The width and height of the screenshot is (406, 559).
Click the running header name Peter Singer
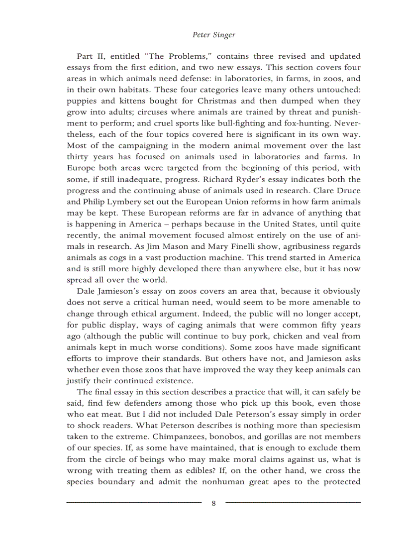[213, 35]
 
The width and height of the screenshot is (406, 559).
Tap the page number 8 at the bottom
[213, 503]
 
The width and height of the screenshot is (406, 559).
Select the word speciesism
[331, 426]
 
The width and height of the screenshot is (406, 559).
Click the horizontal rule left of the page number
[134, 503]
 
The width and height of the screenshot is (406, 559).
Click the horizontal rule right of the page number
[293, 503]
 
